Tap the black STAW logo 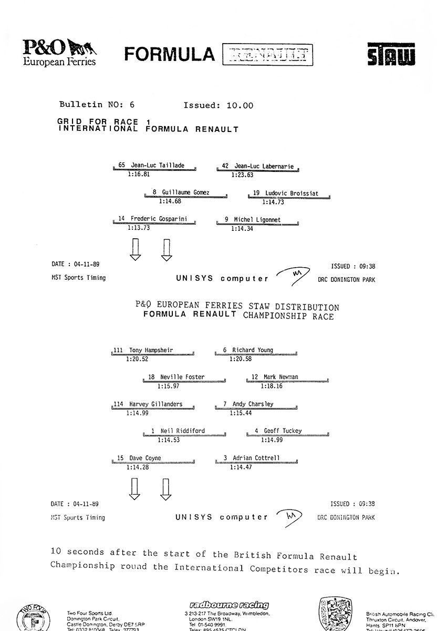[x=391, y=54]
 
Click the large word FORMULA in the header [x=170, y=55]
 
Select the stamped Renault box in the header [x=267, y=54]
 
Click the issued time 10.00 [x=240, y=105]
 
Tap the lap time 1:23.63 [x=242, y=174]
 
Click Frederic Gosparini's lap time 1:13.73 [x=139, y=228]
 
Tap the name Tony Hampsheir [x=151, y=350]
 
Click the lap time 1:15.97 [x=169, y=386]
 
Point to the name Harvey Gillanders [x=155, y=404]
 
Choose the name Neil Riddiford [x=182, y=431]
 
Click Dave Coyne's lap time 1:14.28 [x=137, y=467]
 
